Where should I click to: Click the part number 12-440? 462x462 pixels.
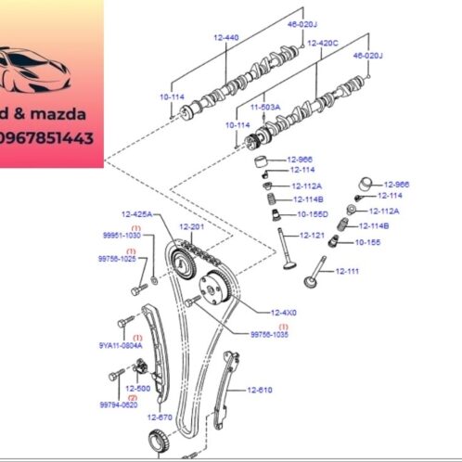(226, 36)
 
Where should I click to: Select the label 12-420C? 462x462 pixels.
(322, 43)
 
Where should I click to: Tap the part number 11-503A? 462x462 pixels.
(264, 107)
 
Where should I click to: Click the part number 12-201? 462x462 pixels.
(191, 226)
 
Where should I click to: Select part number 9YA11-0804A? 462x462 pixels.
(121, 344)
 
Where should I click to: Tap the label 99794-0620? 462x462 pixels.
(119, 404)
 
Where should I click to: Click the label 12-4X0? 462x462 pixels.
(283, 313)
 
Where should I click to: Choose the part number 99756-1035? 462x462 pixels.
(270, 334)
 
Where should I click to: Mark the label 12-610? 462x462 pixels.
(259, 390)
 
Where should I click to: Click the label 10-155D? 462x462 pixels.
(313, 213)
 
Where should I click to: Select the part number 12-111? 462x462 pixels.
(347, 271)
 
